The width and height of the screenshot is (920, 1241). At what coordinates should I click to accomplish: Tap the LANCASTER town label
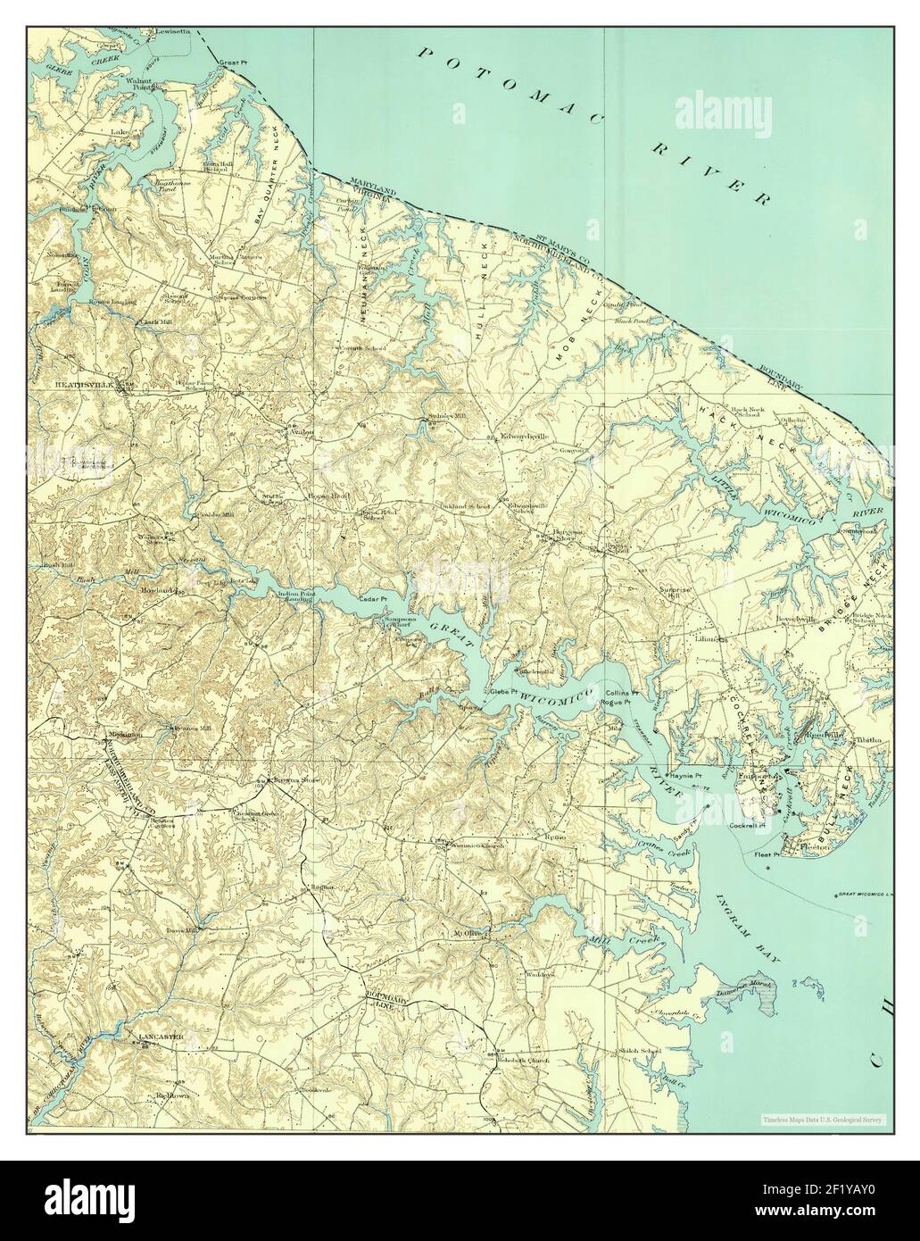160,1037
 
